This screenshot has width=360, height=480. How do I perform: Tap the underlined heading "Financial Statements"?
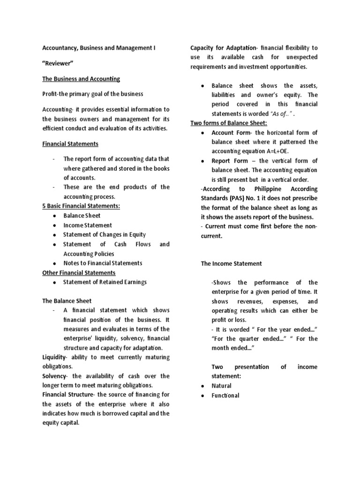(70, 143)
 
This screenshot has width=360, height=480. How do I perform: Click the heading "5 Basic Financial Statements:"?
(81, 206)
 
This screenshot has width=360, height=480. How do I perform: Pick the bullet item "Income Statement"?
(88, 225)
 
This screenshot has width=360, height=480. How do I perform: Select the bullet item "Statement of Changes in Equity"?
(105, 234)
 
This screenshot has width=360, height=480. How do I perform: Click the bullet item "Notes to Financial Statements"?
(103, 263)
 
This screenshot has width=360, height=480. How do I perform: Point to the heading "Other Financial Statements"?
(79, 272)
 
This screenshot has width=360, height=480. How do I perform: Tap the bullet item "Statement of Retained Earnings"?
(105, 282)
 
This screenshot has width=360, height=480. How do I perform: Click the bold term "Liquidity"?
(54, 357)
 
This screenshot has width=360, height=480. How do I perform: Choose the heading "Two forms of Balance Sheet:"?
(229, 123)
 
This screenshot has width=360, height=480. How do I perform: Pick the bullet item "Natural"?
(221, 386)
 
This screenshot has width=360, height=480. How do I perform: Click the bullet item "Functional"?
(225, 395)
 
